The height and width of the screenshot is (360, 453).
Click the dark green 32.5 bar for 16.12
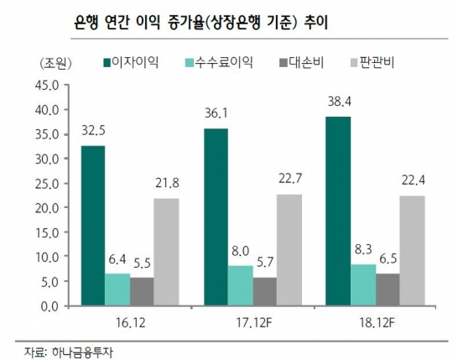pyautogui.click(x=93, y=227)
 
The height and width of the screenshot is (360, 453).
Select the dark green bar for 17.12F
pyautogui.click(x=215, y=217)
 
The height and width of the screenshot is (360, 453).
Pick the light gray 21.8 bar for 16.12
pyautogui.click(x=166, y=253)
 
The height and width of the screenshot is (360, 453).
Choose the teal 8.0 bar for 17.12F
pyautogui.click(x=240, y=286)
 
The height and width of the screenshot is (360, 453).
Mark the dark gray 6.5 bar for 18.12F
pyautogui.click(x=388, y=290)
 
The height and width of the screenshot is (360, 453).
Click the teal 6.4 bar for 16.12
pyautogui.click(x=117, y=290)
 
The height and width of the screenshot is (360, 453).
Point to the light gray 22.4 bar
pyautogui.click(x=412, y=251)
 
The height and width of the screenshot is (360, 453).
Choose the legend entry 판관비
pyautogui.click(x=375, y=63)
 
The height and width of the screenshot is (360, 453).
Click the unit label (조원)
pyautogui.click(x=55, y=63)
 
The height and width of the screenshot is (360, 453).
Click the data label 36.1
pyautogui.click(x=216, y=112)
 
